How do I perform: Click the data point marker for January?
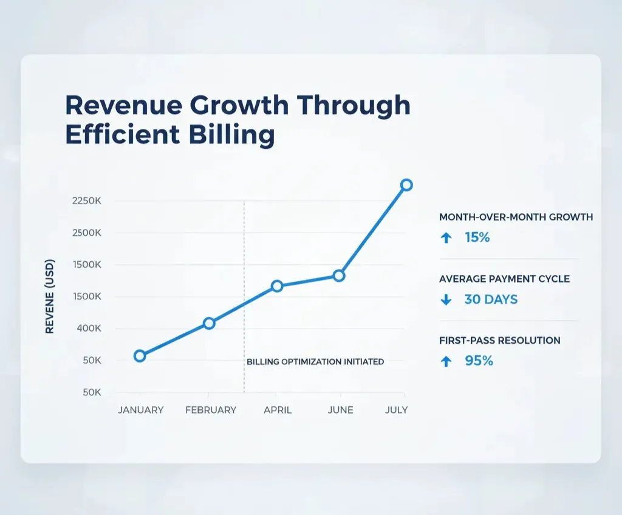point(140,356)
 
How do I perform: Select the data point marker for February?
point(209,323)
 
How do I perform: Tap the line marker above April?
point(277,285)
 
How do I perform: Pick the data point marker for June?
point(339,276)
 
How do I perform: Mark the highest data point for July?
point(406,185)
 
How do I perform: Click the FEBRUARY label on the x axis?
point(211,410)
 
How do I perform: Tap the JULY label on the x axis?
point(396,410)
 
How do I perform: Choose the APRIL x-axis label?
point(278,410)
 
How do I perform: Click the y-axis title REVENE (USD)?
point(50,296)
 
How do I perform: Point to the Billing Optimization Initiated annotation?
point(315,361)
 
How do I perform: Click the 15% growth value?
point(477,237)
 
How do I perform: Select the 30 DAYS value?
point(491,299)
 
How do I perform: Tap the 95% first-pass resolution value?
point(479,361)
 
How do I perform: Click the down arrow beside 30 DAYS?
point(446,299)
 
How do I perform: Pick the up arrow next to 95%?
point(446,361)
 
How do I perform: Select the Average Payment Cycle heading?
point(504,279)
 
